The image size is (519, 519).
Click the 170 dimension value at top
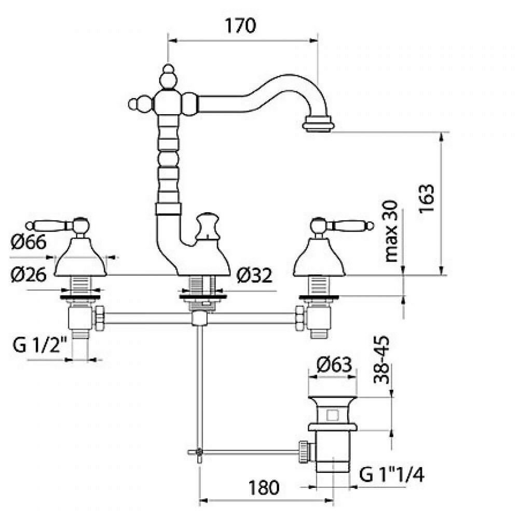click(240, 25)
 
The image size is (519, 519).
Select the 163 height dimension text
click(426, 199)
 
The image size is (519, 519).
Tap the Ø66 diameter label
click(29, 242)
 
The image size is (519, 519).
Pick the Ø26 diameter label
click(29, 275)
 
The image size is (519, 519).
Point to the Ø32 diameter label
click(254, 275)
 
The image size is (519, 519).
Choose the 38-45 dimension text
click(381, 360)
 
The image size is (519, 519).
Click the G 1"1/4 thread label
click(391, 475)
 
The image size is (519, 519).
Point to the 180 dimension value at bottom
click(264, 487)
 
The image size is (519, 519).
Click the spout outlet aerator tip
click(319, 125)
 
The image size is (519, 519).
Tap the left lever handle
click(58, 226)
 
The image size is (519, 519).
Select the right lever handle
click(342, 226)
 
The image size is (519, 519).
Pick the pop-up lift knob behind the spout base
click(207, 226)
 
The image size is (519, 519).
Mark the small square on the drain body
click(332, 415)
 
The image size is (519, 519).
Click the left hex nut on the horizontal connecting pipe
click(99, 318)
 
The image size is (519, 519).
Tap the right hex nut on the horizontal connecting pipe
click(300, 318)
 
